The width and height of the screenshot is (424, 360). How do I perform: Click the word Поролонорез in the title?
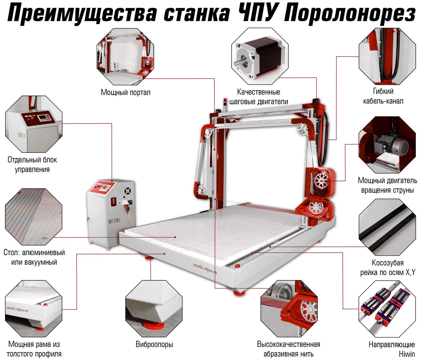point(349,14)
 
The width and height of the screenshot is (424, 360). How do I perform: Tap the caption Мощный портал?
point(125,92)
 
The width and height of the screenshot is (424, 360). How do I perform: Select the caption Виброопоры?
point(154,344)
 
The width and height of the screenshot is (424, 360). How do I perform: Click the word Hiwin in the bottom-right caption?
point(407,354)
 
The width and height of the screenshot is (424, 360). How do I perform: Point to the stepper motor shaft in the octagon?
point(238,63)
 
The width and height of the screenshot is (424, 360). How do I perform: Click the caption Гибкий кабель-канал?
point(383,96)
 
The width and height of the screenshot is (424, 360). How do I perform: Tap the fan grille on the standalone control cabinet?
point(128,191)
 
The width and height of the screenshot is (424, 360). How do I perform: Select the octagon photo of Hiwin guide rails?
point(387,309)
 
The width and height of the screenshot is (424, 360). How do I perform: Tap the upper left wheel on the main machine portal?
point(208,132)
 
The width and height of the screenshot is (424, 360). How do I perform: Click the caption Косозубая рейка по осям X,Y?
point(387,268)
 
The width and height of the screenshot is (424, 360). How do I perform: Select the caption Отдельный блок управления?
point(32,164)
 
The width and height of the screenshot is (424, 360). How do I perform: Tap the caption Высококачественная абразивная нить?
point(288,349)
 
